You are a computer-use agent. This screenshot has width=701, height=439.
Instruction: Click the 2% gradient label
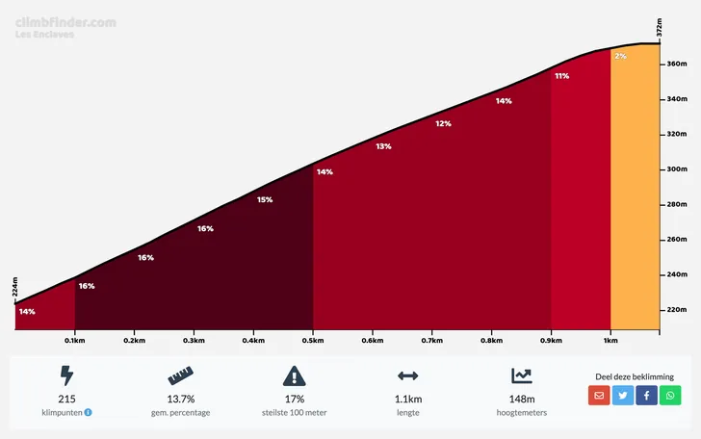pos(620,57)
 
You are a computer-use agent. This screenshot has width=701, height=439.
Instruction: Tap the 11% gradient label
pos(561,76)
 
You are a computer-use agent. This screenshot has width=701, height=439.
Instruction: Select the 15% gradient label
pos(264,200)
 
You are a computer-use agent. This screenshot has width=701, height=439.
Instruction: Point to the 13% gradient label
pos(383,146)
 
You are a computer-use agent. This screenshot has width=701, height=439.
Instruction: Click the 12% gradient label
pos(443,123)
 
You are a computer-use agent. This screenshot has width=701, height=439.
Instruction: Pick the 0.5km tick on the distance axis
pos(313,340)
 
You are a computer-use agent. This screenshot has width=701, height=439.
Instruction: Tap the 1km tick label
pos(610,340)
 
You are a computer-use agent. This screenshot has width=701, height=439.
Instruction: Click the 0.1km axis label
pos(75,340)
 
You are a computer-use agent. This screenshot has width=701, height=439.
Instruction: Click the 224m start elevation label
pos(14,287)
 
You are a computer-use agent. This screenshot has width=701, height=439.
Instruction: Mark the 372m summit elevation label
pos(660,28)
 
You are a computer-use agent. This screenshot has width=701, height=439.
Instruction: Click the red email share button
pos(599,395)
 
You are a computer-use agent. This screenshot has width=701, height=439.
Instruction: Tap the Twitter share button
pos(623,395)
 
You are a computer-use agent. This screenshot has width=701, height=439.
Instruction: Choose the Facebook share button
pos(646,395)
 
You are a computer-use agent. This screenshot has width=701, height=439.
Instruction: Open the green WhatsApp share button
pos(670,395)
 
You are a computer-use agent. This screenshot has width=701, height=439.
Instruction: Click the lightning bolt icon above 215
pos(66,375)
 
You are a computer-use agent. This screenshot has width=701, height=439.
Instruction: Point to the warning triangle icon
pos(294,375)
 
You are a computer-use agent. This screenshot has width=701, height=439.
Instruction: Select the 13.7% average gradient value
pos(180,399)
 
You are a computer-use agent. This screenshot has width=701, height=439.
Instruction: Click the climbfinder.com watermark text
pos(65,21)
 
